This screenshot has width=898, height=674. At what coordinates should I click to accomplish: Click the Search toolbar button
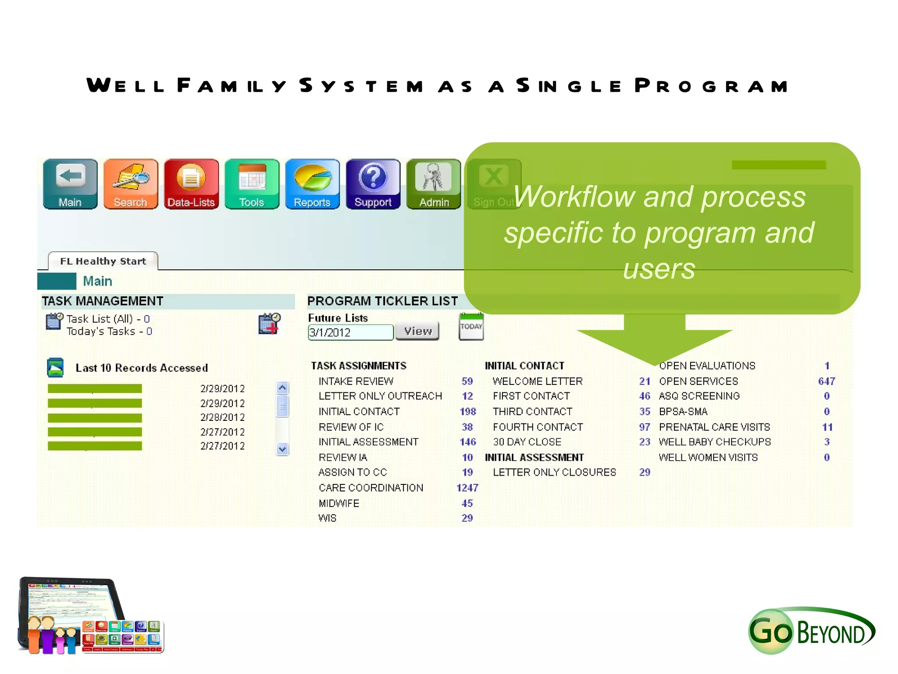[131, 184]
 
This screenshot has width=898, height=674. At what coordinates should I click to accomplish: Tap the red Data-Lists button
[191, 184]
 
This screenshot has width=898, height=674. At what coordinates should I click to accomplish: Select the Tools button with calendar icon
[252, 184]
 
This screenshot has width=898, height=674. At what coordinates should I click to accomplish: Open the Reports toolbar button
[312, 184]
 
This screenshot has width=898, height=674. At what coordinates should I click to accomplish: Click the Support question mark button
[373, 184]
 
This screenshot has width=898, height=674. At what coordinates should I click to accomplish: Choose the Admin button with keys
[434, 184]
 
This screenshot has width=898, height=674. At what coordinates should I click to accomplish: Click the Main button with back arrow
[70, 184]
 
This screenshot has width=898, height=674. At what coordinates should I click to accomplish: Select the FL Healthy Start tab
[103, 261]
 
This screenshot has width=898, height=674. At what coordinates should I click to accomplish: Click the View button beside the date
[417, 331]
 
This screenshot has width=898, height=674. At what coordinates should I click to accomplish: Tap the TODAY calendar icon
[471, 326]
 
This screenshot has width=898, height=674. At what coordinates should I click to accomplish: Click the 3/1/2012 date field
[350, 332]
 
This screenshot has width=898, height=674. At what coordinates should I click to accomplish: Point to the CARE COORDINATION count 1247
[467, 488]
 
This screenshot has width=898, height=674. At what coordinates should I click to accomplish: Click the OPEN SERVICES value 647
[826, 381]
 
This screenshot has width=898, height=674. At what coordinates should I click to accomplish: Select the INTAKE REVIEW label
[356, 381]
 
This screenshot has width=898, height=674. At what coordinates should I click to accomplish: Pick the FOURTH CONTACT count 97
[645, 427]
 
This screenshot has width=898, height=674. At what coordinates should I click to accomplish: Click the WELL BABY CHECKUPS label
[715, 442]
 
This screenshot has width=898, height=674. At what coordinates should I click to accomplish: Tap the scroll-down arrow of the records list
[282, 449]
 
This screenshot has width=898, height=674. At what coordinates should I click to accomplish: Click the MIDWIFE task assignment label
[339, 503]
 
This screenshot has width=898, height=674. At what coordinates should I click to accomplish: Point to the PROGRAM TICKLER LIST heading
[382, 301]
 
